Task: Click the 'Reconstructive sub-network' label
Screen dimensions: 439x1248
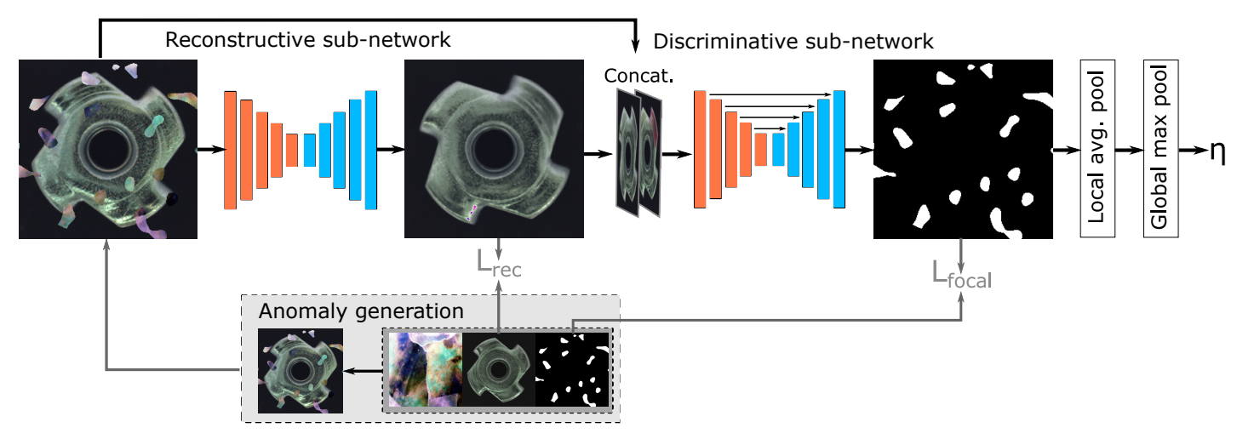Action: coord(307,40)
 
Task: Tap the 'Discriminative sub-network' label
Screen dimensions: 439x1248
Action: coord(793,41)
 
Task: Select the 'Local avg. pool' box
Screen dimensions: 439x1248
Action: coord(1096,149)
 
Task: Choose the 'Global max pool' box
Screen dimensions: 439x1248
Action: coord(1160,149)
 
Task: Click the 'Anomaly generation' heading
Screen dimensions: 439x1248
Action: coord(361,311)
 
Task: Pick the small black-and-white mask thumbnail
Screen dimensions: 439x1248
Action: coord(572,368)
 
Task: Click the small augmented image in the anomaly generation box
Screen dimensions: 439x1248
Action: coord(301,370)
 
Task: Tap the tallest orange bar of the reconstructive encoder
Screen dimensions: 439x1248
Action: coord(230,149)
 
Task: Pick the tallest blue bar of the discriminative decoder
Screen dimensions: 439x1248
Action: coord(839,149)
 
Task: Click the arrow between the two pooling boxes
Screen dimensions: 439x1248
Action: coord(1128,150)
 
